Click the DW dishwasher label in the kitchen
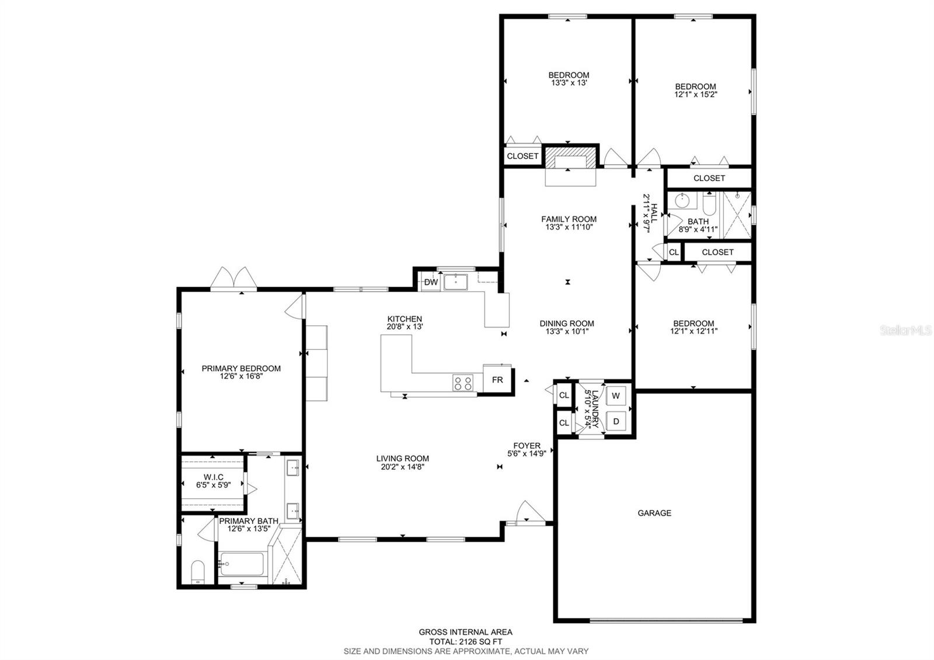pyautogui.click(x=431, y=282)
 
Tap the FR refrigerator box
pyautogui.click(x=497, y=379)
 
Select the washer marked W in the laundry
pyautogui.click(x=616, y=395)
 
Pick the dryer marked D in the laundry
pyautogui.click(x=616, y=422)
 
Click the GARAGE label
pyautogui.click(x=654, y=513)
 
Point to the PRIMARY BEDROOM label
pyautogui.click(x=241, y=369)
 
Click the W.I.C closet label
pyautogui.click(x=214, y=477)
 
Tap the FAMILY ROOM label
pyautogui.click(x=569, y=219)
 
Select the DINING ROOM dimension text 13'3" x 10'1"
pyautogui.click(x=567, y=331)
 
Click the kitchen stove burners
pyautogui.click(x=463, y=383)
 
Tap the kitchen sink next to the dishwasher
pyautogui.click(x=455, y=282)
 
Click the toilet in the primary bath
pyautogui.click(x=198, y=572)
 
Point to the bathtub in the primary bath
pyautogui.click(x=242, y=564)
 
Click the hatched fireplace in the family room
pyautogui.click(x=570, y=157)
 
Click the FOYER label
pyautogui.click(x=527, y=446)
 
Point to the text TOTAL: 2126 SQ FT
pyautogui.click(x=466, y=642)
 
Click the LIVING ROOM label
pyautogui.click(x=402, y=458)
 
